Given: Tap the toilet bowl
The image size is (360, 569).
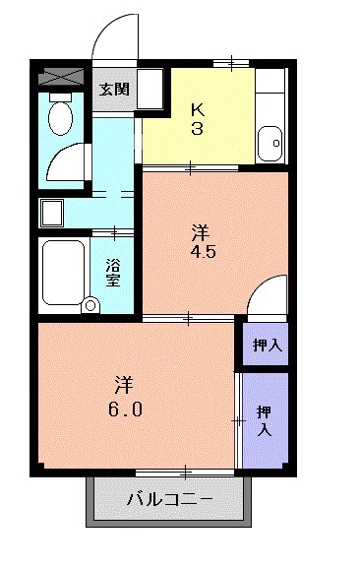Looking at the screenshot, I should pyautogui.click(x=60, y=118).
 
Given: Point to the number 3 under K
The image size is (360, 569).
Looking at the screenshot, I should pyautogui.click(x=198, y=130).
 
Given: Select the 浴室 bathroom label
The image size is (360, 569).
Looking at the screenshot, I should pyautogui.click(x=113, y=271).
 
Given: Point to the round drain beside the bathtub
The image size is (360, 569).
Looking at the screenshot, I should pyautogui.click(x=91, y=304).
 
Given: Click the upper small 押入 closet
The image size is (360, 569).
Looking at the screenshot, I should pyautogui.click(x=264, y=345).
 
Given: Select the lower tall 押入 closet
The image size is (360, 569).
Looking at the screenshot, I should pyautogui.click(x=265, y=420).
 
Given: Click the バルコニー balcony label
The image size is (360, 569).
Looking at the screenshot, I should pyautogui.click(x=169, y=499).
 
